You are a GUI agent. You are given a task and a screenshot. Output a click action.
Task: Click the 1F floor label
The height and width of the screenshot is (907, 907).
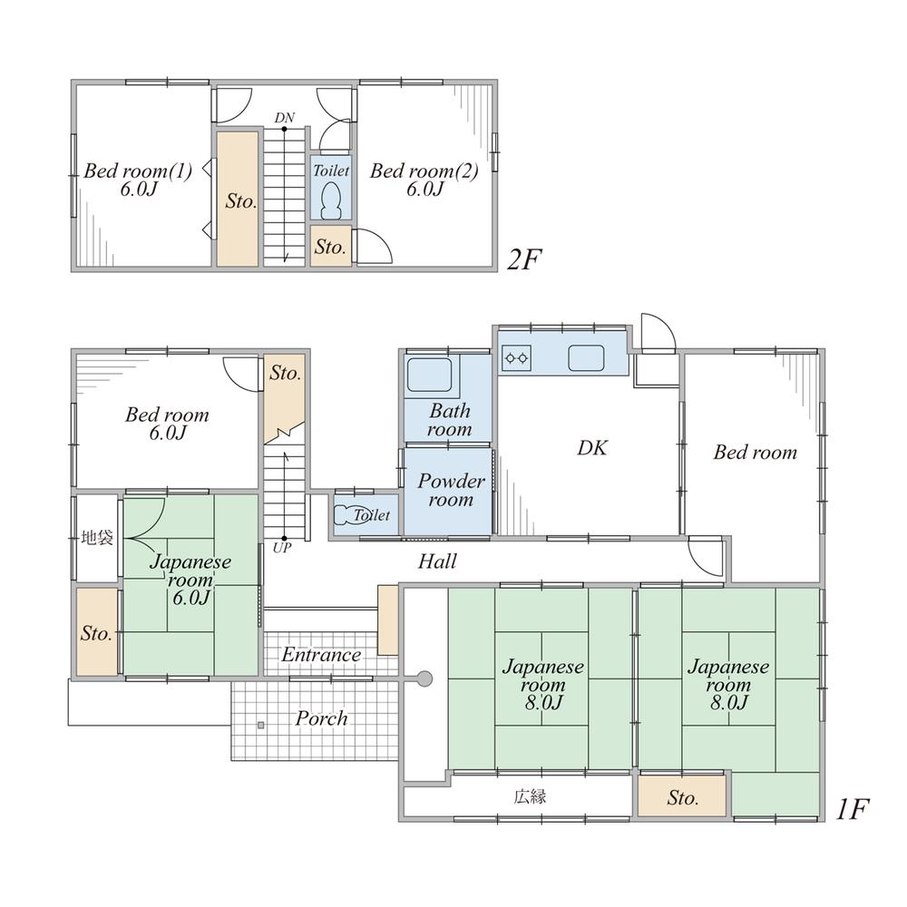pyautogui.click(x=853, y=809)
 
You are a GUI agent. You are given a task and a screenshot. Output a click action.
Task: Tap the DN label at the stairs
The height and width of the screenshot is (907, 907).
pyautogui.click(x=285, y=118)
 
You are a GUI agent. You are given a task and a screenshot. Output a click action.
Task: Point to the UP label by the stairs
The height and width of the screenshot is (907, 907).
pyautogui.click(x=282, y=547)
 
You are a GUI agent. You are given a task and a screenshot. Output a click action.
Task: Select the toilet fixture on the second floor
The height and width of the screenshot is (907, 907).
pyautogui.click(x=331, y=200)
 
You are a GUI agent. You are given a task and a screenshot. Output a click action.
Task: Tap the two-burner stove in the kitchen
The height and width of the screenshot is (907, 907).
pyautogui.click(x=516, y=358)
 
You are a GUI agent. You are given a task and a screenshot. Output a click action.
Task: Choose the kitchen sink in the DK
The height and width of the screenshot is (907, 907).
pyautogui.click(x=586, y=358)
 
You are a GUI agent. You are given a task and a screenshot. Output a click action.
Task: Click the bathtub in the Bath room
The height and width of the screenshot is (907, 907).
pyautogui.click(x=429, y=375)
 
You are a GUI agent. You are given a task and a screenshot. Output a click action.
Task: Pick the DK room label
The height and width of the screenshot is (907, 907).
pyautogui.click(x=591, y=448)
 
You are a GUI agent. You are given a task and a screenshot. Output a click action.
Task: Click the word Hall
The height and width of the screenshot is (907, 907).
pyautogui.click(x=437, y=561)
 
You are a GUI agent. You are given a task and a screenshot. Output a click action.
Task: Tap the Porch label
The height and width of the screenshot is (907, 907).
pyautogui.click(x=322, y=718)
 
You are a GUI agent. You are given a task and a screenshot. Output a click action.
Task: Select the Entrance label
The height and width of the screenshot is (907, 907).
pyautogui.click(x=322, y=655)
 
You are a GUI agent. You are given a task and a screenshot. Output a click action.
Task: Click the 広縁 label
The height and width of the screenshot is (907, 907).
pyautogui.click(x=530, y=797)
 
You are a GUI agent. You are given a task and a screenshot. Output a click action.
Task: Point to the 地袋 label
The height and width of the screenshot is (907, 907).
pyautogui.click(x=97, y=538)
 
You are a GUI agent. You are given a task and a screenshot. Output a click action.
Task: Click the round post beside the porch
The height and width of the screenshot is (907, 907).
pyautogui.click(x=424, y=678)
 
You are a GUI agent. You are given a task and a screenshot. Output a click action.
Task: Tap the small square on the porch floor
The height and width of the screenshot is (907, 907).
pyautogui.click(x=261, y=725)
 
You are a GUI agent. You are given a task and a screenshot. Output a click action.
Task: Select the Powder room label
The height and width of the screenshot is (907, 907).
pyautogui.click(x=451, y=490)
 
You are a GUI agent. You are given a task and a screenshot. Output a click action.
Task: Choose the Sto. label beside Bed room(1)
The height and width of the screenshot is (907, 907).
pyautogui.click(x=240, y=201)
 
